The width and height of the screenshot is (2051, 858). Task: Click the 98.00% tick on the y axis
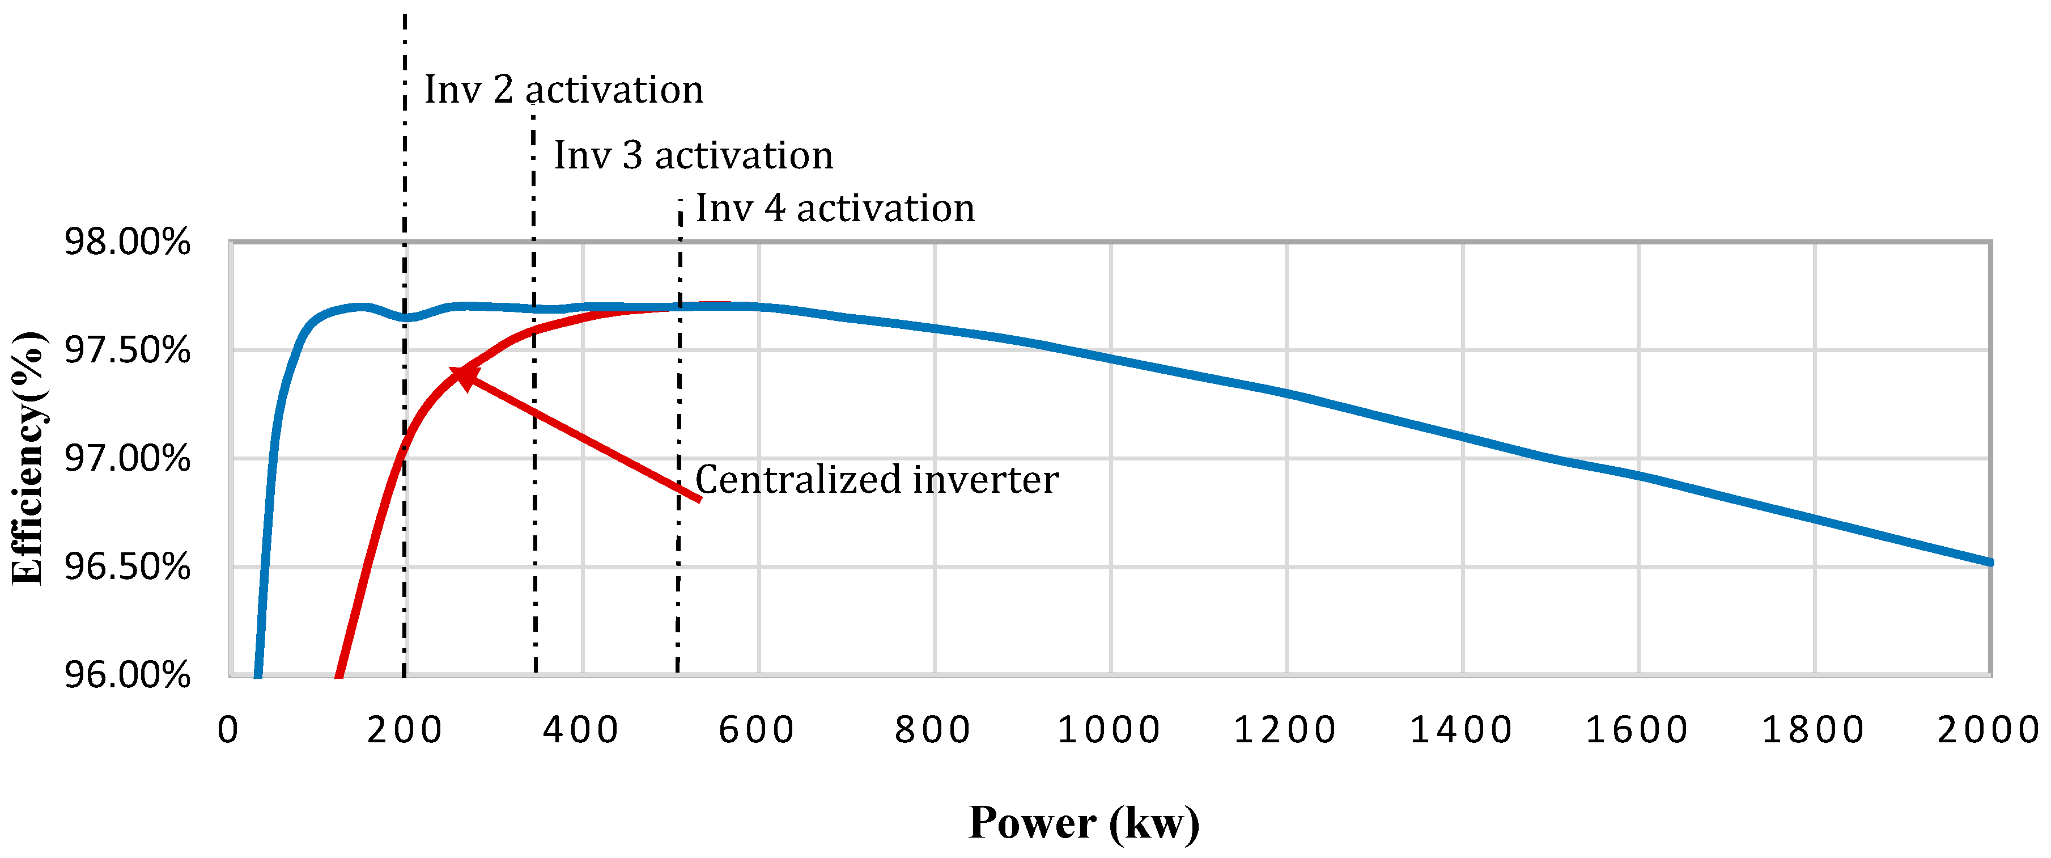[128, 242]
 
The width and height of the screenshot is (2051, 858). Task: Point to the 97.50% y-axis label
[128, 350]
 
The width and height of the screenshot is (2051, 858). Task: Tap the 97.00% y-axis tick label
[128, 458]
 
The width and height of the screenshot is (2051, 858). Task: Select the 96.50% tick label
[128, 567]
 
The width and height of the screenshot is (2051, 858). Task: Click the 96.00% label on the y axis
[128, 675]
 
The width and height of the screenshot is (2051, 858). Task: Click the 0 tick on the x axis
[228, 730]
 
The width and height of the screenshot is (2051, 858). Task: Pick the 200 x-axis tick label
[405, 730]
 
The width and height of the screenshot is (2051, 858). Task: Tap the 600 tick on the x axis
[757, 730]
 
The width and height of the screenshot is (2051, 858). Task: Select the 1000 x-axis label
[1109, 730]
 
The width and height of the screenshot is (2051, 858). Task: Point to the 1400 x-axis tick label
[1461, 730]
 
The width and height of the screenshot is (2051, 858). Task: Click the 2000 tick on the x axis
[1988, 730]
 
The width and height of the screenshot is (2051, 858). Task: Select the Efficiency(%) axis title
[29, 458]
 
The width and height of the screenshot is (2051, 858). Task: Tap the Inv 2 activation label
[564, 89]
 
